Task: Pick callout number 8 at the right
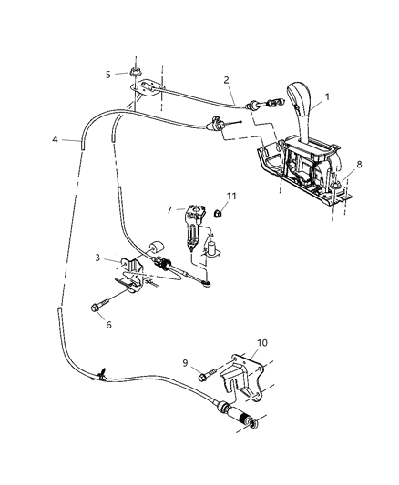(x=360, y=165)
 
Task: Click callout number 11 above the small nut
(x=231, y=196)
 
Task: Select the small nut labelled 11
(x=220, y=214)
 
